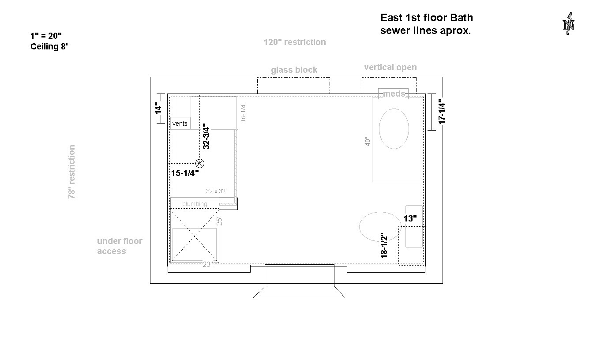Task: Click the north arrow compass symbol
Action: pyautogui.click(x=568, y=23)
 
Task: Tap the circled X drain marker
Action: pyautogui.click(x=200, y=163)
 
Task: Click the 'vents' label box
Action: pyautogui.click(x=180, y=123)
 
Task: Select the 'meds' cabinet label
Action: pyautogui.click(x=394, y=94)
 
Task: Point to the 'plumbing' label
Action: pyautogui.click(x=195, y=204)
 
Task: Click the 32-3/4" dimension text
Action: pyautogui.click(x=206, y=136)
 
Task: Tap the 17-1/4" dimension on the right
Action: pyautogui.click(x=442, y=112)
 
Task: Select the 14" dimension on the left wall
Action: pyautogui.click(x=158, y=108)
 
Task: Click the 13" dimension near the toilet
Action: pyautogui.click(x=410, y=219)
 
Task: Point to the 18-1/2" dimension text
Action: pyautogui.click(x=384, y=245)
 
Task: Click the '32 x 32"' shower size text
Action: pyautogui.click(x=217, y=191)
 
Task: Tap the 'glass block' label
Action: pyautogui.click(x=294, y=70)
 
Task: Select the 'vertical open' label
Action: pyautogui.click(x=390, y=67)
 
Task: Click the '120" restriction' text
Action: pyautogui.click(x=295, y=42)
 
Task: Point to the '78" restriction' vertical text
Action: pyautogui.click(x=72, y=172)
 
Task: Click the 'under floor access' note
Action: pyautogui.click(x=120, y=246)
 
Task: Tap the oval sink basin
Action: pyautogui.click(x=394, y=129)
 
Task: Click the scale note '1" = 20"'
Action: pyautogui.click(x=46, y=36)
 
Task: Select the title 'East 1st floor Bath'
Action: pyautogui.click(x=427, y=18)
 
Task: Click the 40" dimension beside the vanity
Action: pyautogui.click(x=368, y=141)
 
